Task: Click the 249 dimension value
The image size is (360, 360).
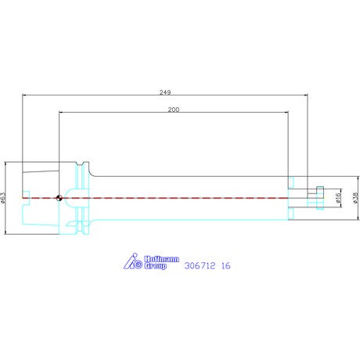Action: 165,92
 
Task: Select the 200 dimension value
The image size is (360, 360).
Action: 174,110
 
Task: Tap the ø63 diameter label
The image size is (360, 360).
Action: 2,198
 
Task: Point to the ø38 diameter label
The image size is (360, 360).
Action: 356,198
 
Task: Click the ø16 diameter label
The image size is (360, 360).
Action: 338,198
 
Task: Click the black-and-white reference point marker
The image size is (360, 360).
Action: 59,198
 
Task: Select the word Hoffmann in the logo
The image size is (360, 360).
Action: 162,259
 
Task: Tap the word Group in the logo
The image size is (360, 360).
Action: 156,266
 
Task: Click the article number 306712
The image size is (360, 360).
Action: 200,266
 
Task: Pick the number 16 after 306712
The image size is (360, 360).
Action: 226,266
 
